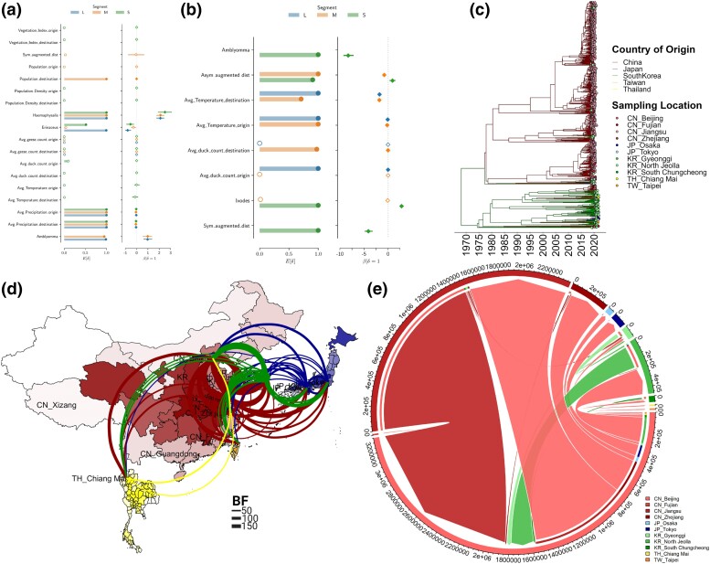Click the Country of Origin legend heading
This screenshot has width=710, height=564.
[654, 48]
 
